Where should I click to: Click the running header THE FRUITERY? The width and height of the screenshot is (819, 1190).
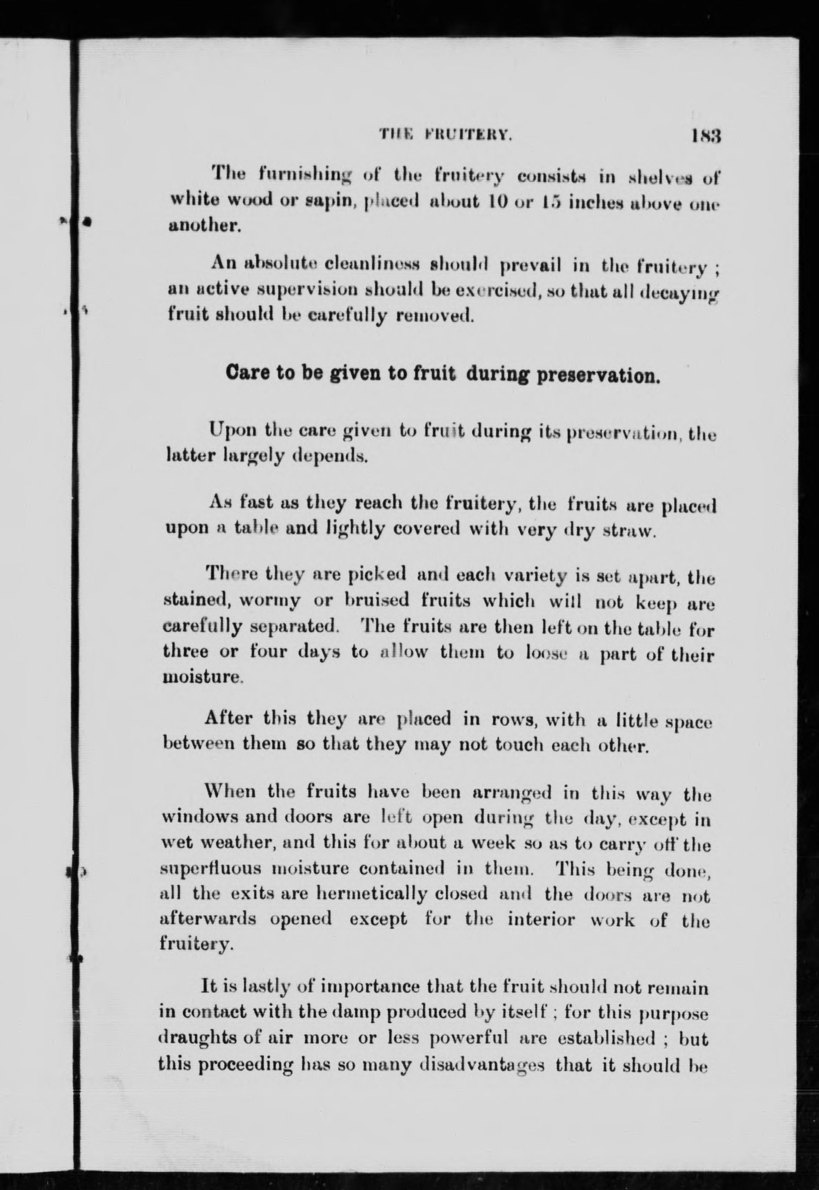coord(446,136)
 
